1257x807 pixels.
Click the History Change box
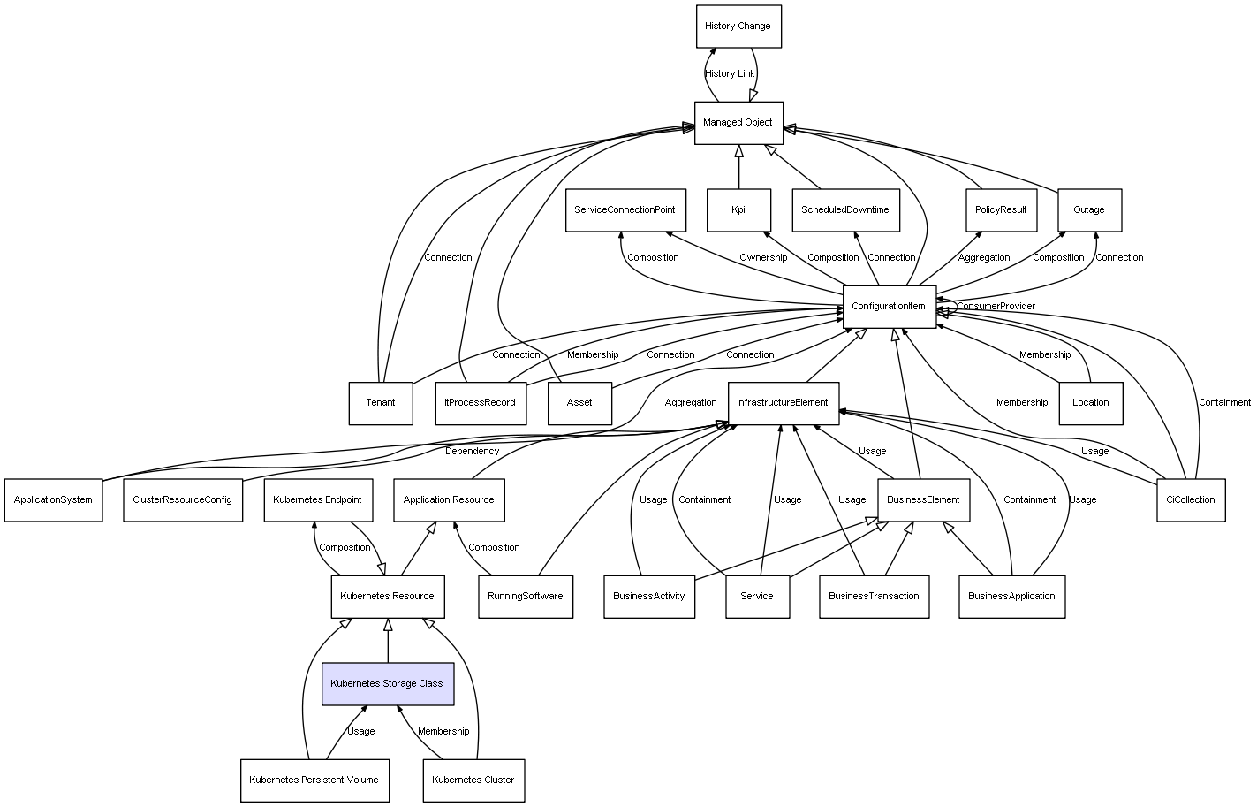coord(738,27)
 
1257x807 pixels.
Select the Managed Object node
coord(738,123)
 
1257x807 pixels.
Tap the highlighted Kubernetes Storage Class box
coord(388,684)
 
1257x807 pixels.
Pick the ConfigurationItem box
coord(890,307)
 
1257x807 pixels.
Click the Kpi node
coord(738,210)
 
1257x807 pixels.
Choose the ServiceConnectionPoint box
coord(625,210)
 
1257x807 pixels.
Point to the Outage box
coord(1090,210)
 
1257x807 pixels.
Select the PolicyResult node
coord(1001,210)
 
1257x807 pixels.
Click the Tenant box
coord(381,403)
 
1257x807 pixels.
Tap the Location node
coord(1091,403)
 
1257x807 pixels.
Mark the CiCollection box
coord(1191,500)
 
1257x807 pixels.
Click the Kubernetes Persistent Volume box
coord(314,780)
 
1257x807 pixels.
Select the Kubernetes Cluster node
coord(473,780)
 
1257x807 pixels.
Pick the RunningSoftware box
coord(526,597)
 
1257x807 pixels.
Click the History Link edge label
coord(730,73)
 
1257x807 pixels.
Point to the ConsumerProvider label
coord(996,306)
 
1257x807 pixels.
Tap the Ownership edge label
coord(763,258)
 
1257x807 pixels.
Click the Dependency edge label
coord(472,452)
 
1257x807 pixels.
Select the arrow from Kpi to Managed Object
coord(739,167)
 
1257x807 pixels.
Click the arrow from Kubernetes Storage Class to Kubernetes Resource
coord(388,641)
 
